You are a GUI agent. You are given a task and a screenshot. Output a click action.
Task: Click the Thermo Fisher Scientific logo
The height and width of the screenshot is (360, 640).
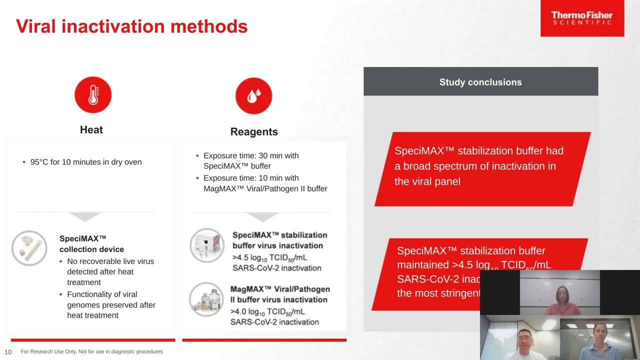(x=582, y=18)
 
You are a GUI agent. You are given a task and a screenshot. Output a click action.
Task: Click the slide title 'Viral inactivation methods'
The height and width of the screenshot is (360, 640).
(x=131, y=26)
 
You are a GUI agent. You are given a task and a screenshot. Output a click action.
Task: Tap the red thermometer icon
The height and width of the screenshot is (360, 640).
(x=93, y=95)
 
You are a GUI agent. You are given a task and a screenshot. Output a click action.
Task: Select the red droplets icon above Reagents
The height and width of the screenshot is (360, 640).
(x=253, y=95)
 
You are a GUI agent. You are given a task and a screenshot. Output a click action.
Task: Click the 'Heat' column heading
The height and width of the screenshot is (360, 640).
(x=91, y=130)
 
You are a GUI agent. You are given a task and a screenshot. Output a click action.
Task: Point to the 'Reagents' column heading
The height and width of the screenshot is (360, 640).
(x=254, y=132)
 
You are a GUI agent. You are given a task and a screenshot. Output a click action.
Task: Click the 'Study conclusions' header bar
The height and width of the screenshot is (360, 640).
(x=480, y=82)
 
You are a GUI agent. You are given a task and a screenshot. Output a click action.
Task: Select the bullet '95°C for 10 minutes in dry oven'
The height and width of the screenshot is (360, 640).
(x=85, y=162)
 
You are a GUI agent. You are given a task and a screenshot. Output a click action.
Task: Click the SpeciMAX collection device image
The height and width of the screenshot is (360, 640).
(x=29, y=248)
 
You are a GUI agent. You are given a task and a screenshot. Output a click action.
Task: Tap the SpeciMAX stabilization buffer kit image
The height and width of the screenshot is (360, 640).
(x=207, y=245)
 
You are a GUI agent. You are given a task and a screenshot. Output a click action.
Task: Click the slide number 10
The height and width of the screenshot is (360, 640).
(x=8, y=352)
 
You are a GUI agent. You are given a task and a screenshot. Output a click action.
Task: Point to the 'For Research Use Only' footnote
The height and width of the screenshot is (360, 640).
(x=91, y=352)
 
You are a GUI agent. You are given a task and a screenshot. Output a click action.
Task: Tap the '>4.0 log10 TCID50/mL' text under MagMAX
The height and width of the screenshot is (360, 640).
(x=268, y=311)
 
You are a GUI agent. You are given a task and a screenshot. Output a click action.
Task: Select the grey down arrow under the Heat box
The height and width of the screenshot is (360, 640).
(x=85, y=216)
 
